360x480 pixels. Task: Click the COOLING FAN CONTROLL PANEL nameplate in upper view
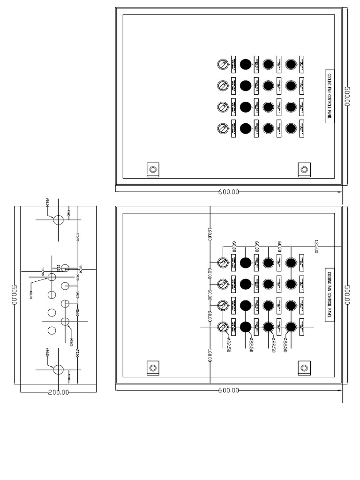pos(330,97)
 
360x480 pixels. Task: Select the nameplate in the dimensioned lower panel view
pos(330,295)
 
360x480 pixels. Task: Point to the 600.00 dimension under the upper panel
pos(229,192)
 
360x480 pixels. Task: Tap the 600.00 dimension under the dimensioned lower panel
pos(229,390)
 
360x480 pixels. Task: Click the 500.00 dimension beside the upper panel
pos(347,96)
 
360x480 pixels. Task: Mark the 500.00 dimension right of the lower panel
pos(347,294)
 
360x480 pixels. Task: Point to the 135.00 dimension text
pos(316,247)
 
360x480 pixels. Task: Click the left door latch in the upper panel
pos(152,169)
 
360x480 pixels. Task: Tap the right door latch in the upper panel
pos(304,169)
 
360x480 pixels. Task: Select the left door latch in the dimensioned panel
pos(152,368)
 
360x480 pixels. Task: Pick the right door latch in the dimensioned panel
pos(304,368)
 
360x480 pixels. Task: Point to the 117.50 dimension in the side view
pos(43,271)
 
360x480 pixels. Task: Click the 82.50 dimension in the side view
pos(81,269)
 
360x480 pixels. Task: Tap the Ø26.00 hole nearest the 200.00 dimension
pos(59,369)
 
